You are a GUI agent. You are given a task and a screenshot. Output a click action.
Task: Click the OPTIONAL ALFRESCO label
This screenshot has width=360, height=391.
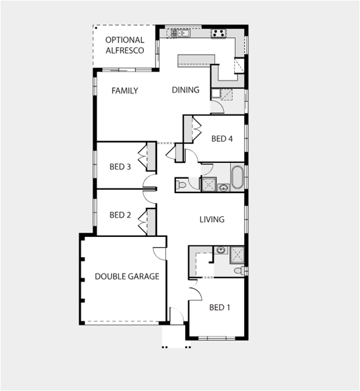click(125, 45)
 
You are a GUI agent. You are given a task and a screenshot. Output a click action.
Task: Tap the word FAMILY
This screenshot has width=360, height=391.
click(125, 91)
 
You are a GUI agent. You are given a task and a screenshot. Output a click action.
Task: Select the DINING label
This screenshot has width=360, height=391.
click(185, 90)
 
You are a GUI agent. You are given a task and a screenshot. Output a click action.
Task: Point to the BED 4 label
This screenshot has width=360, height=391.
click(222, 139)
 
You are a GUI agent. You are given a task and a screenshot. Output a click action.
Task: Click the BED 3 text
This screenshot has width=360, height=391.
click(120, 167)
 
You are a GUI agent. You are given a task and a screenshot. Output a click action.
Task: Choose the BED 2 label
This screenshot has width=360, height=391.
click(120, 215)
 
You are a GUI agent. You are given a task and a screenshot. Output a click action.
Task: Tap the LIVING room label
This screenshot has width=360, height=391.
click(212, 219)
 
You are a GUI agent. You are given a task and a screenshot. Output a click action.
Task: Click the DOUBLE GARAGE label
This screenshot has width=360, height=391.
click(127, 277)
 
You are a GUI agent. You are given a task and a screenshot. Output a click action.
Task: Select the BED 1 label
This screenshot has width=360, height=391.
click(220, 307)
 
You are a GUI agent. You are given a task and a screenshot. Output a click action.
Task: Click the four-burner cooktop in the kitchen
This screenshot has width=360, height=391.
click(218, 33)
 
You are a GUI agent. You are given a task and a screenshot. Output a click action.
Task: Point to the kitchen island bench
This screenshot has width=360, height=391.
click(197, 59)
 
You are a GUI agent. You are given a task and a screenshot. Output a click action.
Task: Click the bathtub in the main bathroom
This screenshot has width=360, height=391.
click(238, 178)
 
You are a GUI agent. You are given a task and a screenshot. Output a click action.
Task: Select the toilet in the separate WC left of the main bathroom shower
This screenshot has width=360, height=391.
click(182, 185)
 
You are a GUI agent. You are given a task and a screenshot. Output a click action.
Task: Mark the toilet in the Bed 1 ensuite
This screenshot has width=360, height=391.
click(238, 271)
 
